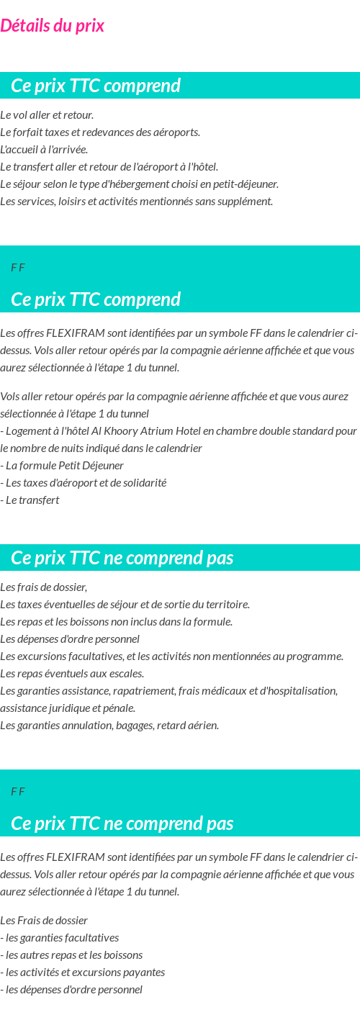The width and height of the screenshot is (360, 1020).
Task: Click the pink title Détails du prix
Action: click(x=52, y=26)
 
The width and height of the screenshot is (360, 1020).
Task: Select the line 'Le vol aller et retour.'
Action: click(x=47, y=115)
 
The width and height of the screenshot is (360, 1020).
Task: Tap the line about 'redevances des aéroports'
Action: click(x=100, y=132)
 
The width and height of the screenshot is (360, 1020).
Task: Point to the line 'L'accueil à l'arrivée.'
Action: click(x=44, y=150)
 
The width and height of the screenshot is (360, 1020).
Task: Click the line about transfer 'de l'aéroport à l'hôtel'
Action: click(x=109, y=167)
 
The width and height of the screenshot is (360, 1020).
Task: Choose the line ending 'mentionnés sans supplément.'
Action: click(x=136, y=201)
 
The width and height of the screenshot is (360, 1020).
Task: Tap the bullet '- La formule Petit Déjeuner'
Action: click(x=62, y=465)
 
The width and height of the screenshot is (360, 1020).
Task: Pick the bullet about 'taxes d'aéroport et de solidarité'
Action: click(x=84, y=482)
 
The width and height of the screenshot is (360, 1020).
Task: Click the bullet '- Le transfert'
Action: click(x=30, y=500)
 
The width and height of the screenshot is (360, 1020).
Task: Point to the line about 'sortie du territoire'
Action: click(x=125, y=604)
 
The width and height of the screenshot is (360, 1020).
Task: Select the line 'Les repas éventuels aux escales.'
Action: click(x=72, y=673)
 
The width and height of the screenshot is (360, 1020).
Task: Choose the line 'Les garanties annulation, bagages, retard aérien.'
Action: click(x=109, y=725)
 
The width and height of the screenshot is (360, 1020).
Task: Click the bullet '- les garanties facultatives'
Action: click(x=60, y=937)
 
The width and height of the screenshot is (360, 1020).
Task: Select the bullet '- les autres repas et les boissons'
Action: click(x=71, y=954)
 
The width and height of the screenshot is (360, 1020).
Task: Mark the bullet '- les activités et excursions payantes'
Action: click(x=83, y=972)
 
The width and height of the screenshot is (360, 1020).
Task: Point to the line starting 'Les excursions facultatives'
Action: click(x=171, y=656)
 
